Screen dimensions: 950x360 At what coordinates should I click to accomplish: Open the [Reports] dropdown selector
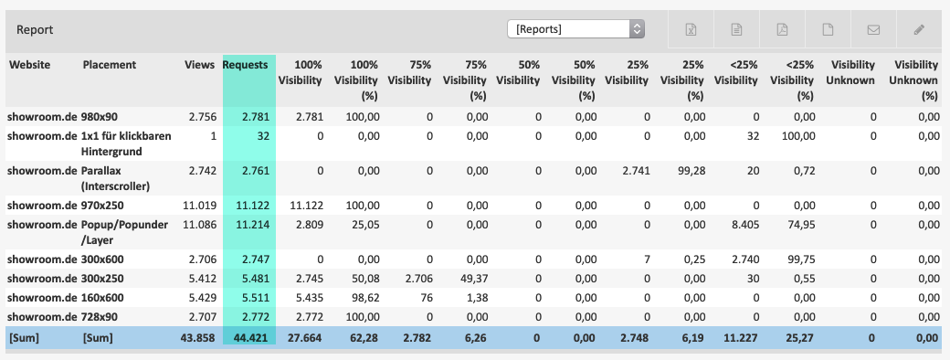[x=575, y=29]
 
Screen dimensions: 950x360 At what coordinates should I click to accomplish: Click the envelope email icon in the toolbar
[x=873, y=30]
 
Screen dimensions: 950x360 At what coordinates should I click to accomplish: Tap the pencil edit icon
[x=919, y=29]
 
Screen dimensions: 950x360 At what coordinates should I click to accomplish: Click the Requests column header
[x=246, y=65]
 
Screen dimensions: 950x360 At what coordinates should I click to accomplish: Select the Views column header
[x=199, y=65]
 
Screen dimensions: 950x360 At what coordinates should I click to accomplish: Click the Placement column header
[x=109, y=65]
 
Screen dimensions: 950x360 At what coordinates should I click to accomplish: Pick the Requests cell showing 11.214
[x=253, y=225]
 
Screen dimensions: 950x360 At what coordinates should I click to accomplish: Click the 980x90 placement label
[x=100, y=117]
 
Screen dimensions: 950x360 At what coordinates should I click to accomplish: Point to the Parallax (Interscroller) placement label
[x=116, y=178]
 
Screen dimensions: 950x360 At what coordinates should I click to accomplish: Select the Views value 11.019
[x=199, y=206]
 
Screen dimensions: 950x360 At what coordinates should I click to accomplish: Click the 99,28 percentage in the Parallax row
[x=691, y=171]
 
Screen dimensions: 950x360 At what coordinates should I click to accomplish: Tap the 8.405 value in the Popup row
[x=744, y=225]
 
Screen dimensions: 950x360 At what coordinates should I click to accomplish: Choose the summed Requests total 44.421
[x=251, y=338]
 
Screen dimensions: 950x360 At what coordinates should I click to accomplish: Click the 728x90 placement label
[x=100, y=318]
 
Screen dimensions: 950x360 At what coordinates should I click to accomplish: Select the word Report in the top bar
[x=35, y=29]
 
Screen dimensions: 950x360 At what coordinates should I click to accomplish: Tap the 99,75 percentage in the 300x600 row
[x=800, y=259]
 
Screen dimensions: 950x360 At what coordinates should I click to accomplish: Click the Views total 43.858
[x=197, y=338]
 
